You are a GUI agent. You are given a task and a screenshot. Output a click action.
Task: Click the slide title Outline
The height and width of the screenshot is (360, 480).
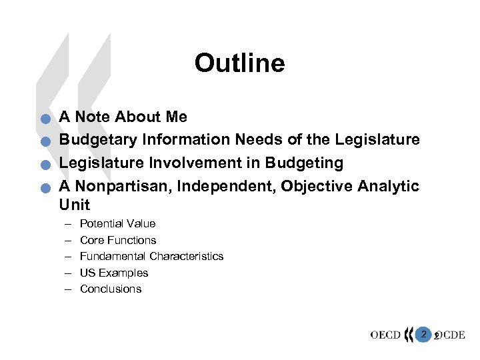pos(239,63)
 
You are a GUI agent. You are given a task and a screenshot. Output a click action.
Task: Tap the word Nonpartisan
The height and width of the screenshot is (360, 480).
pos(119,185)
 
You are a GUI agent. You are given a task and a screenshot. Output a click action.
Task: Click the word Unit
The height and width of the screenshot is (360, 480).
pos(74,205)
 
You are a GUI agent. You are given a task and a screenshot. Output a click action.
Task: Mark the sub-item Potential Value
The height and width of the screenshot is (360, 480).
pos(117,224)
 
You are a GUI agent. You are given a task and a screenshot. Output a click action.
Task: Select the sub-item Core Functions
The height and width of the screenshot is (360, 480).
pos(118,240)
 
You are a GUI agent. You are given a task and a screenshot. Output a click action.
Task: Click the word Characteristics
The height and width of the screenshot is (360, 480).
pos(187,256)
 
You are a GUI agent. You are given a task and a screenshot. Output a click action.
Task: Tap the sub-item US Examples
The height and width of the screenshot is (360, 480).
pos(114,273)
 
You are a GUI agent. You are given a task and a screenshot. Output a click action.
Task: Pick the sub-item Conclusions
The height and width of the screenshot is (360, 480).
pos(111,289)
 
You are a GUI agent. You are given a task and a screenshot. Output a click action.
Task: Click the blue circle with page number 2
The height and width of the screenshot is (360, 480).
pos(423,333)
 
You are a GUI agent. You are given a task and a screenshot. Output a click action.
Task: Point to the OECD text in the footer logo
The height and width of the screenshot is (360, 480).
pos(385,335)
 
